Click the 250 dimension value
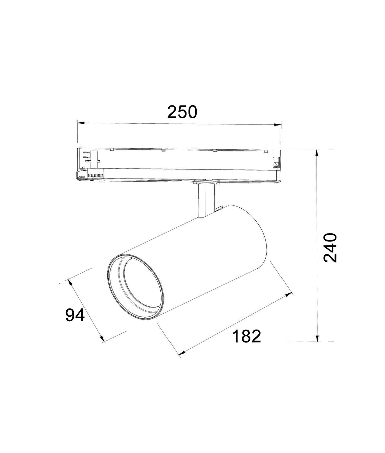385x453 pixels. pyautogui.click(x=182, y=112)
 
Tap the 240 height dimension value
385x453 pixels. pyautogui.click(x=330, y=248)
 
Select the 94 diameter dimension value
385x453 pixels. pyautogui.click(x=75, y=315)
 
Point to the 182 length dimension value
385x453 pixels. pyautogui.click(x=246, y=336)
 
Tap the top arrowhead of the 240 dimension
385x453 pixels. pyautogui.click(x=317, y=153)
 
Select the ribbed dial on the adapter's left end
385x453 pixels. pyautogui.click(x=95, y=176)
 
